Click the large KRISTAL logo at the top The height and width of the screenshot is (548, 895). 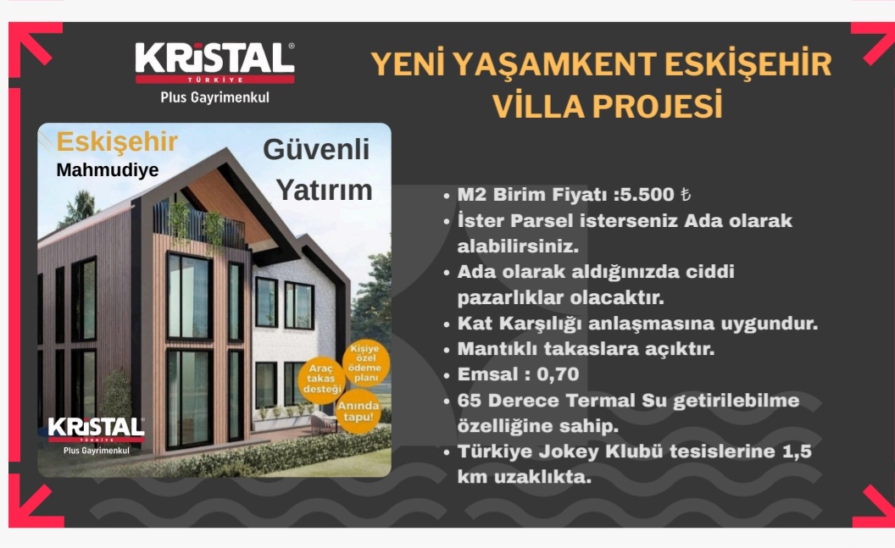(214, 63)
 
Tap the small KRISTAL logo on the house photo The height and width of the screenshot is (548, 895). (96, 429)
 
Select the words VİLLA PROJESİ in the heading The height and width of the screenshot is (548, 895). (608, 106)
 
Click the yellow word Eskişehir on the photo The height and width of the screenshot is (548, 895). (117, 142)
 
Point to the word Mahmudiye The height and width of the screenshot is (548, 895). (108, 170)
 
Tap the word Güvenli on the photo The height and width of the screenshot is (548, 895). (316, 150)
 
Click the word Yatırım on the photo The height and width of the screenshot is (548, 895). (325, 190)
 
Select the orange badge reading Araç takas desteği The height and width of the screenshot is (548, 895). (321, 379)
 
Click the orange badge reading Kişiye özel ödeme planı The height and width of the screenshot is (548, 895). (366, 363)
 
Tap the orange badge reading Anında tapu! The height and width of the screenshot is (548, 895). (358, 411)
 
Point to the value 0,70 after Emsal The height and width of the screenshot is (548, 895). (558, 374)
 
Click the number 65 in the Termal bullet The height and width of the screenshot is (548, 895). (469, 401)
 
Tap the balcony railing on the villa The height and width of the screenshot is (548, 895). (200, 224)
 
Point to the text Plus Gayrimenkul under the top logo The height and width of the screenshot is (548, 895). (214, 97)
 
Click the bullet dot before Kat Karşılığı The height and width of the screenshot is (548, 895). (447, 324)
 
